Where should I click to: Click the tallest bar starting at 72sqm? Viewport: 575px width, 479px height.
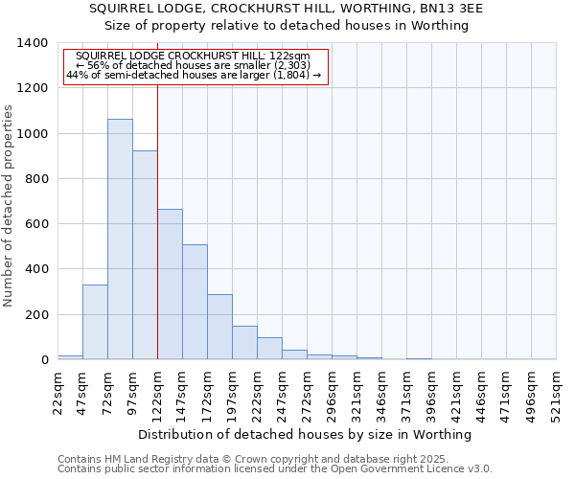coord(120,239)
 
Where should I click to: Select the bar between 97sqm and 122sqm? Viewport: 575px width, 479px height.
coord(145,255)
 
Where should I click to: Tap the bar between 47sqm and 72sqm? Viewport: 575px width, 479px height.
coord(95,322)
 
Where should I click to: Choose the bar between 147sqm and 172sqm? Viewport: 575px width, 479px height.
coord(195,302)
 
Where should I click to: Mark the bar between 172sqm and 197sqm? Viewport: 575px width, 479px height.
coord(219,327)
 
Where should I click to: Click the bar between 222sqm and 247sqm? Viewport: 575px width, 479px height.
coord(269,349)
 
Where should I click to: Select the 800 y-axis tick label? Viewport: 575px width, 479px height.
coord(37,179)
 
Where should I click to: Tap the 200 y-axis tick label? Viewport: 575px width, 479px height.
coord(37,315)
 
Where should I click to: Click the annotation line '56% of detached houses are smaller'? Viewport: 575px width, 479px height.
coord(195,66)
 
